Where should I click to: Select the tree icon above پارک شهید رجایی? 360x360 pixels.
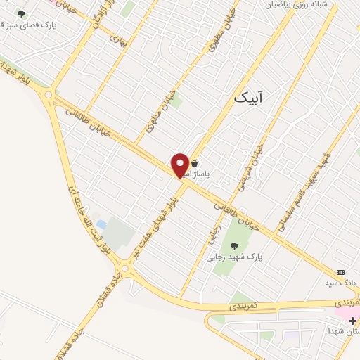(235, 245)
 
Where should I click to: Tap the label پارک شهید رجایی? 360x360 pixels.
(235, 257)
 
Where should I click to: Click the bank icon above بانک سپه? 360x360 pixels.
(341, 272)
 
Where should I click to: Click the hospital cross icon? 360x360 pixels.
(352, 321)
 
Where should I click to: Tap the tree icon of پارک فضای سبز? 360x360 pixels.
(21, 14)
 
